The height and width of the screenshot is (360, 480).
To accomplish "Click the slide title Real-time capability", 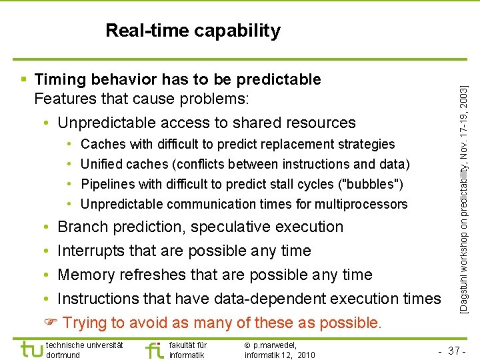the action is pyautogui.click(x=193, y=31).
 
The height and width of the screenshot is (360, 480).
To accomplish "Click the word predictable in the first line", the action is pyautogui.click(x=277, y=80).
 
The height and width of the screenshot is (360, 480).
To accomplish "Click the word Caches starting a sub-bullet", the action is pyautogui.click(x=103, y=144).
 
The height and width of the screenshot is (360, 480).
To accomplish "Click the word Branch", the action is pyautogui.click(x=83, y=227).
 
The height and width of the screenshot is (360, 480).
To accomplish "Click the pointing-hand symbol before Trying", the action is pyautogui.click(x=50, y=323).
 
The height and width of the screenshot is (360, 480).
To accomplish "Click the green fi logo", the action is pyautogui.click(x=153, y=349).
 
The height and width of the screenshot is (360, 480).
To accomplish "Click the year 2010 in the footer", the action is pyautogui.click(x=305, y=355).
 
